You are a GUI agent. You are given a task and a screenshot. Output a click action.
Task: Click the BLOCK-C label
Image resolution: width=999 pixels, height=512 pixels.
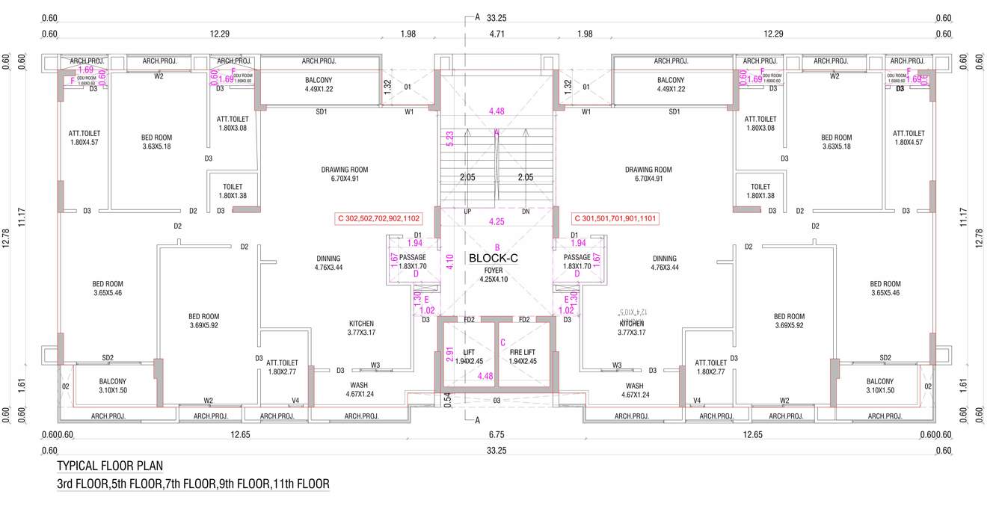[493, 259]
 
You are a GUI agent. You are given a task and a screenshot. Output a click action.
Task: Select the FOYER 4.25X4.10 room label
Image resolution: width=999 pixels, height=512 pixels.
[493, 275]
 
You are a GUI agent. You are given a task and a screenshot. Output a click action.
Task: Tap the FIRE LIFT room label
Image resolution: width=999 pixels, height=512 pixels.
[523, 357]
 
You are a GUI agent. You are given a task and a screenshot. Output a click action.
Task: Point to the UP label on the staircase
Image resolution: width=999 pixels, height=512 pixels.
[467, 212]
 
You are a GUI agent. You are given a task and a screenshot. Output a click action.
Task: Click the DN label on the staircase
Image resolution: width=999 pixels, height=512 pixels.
[526, 212]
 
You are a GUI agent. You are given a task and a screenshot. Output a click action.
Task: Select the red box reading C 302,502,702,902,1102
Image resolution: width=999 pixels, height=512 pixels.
[379, 219]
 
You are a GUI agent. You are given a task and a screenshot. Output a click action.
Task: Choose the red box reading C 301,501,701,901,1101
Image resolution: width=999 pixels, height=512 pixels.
[614, 219]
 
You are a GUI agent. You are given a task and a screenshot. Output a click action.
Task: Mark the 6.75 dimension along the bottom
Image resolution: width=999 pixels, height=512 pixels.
[497, 434]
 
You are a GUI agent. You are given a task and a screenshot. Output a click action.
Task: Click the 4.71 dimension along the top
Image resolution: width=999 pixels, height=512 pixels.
[497, 34]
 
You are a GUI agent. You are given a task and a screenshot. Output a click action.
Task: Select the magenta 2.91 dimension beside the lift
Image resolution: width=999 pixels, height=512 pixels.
[449, 354]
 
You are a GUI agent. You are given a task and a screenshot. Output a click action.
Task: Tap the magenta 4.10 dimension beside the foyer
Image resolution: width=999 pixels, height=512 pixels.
[449, 262]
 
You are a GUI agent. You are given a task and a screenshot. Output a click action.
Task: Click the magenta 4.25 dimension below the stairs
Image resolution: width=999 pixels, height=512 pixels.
[497, 222]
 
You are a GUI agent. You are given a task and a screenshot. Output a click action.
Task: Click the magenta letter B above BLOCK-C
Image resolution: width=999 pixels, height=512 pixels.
[497, 247]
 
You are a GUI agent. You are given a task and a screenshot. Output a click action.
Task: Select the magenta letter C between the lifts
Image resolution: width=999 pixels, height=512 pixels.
[503, 343]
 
